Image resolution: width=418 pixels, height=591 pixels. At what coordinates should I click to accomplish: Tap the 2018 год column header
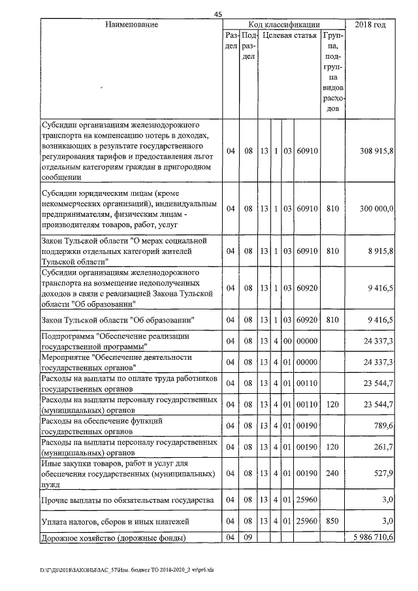(370, 24)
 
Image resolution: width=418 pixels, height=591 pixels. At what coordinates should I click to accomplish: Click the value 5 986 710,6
(373, 537)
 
